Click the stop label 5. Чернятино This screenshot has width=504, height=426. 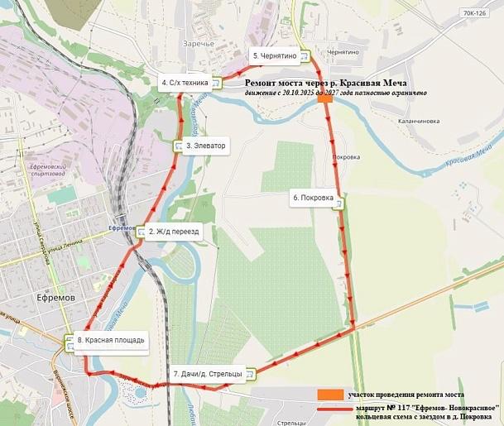point(276,55)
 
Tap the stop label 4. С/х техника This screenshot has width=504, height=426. point(185,82)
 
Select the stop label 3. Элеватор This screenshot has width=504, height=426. point(206,146)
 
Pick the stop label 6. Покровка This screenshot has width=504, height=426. point(313,198)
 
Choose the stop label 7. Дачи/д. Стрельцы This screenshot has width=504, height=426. point(208,374)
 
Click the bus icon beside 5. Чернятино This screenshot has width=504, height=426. point(305,56)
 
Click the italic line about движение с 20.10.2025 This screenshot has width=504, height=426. point(335,93)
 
